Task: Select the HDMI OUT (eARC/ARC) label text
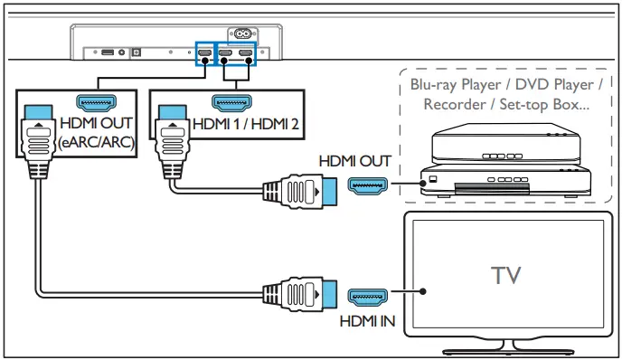click(x=94, y=131)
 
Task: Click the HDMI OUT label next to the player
click(x=354, y=161)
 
